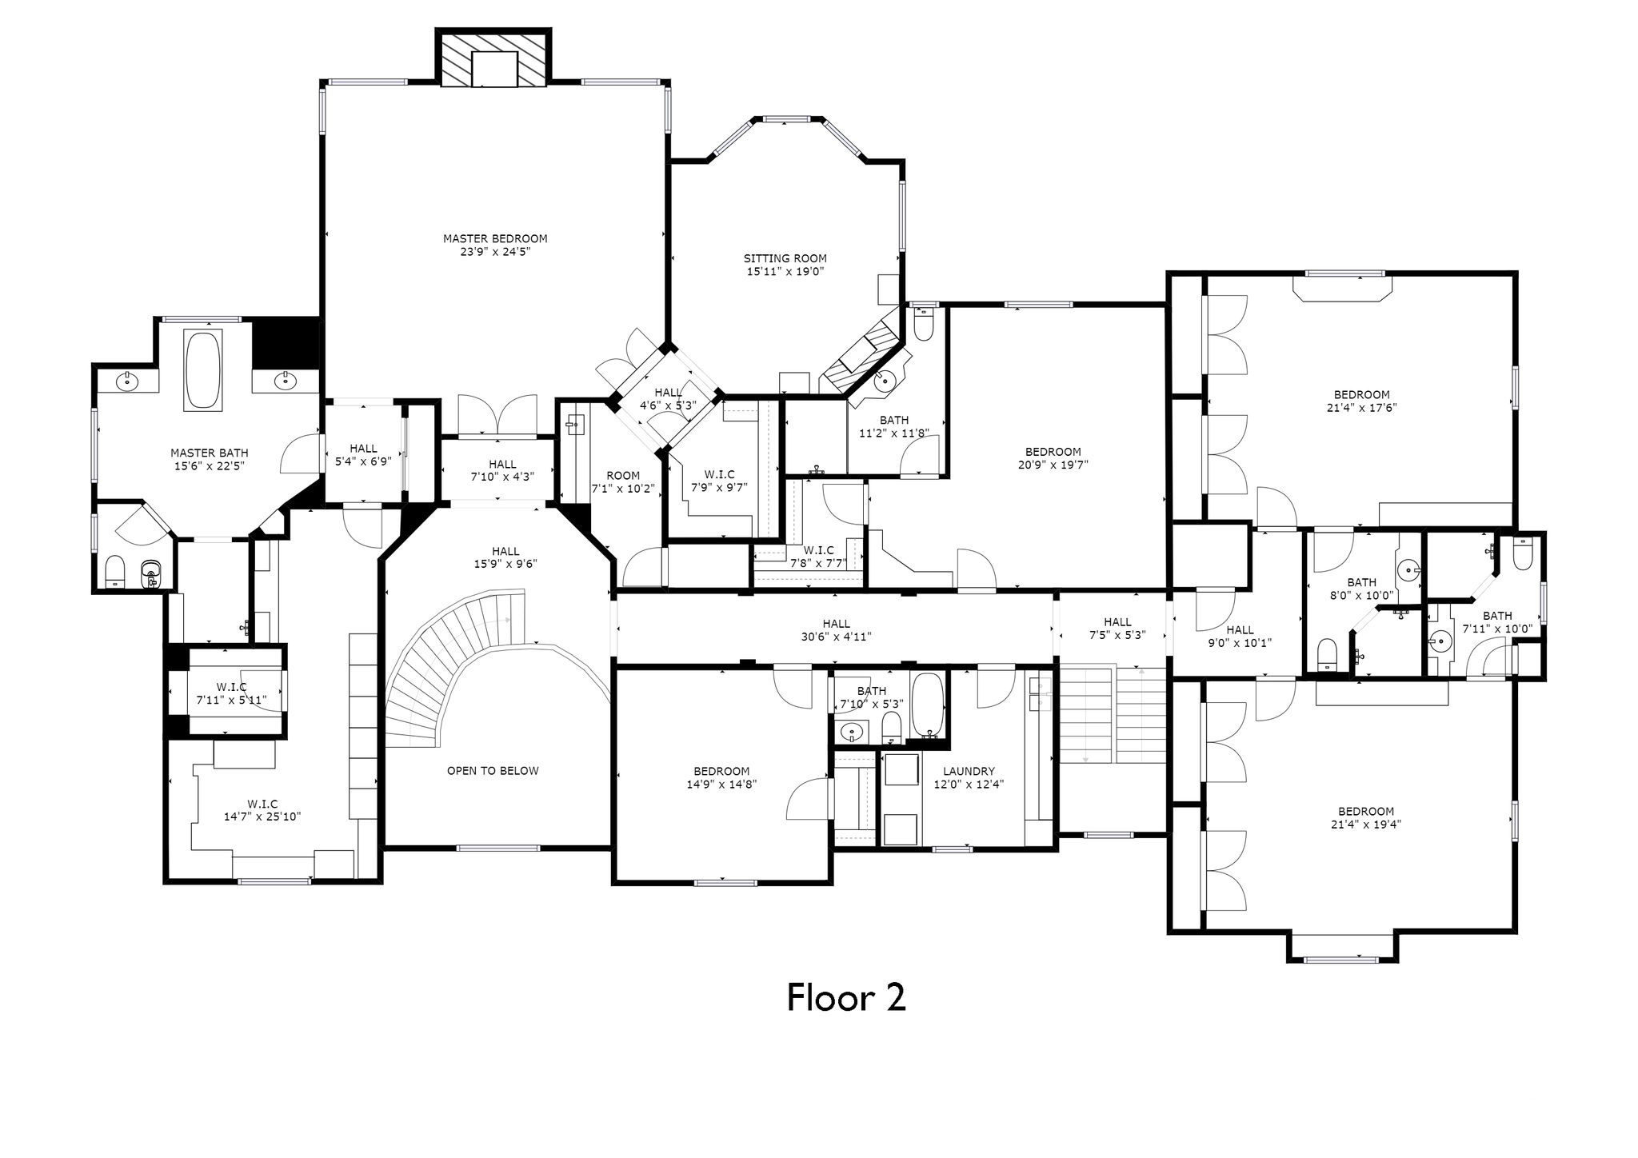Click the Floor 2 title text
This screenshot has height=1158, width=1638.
846,997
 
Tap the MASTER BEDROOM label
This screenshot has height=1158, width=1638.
495,238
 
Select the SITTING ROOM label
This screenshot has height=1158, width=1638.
785,258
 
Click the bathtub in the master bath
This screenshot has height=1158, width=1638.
203,370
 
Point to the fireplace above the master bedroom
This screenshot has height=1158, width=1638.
494,58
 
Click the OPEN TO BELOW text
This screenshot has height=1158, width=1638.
493,771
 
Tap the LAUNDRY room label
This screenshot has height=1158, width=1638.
969,772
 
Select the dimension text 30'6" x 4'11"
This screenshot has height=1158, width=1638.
836,637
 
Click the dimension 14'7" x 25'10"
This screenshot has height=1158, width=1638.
262,817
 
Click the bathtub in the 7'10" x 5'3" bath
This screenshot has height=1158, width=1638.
928,705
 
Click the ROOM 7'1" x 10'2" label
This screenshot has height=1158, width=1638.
623,481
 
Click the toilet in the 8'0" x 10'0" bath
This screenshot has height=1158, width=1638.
1326,653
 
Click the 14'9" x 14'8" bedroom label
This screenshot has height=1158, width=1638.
717,778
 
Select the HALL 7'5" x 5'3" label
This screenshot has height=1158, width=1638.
1117,629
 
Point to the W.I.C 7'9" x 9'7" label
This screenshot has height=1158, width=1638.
719,481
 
